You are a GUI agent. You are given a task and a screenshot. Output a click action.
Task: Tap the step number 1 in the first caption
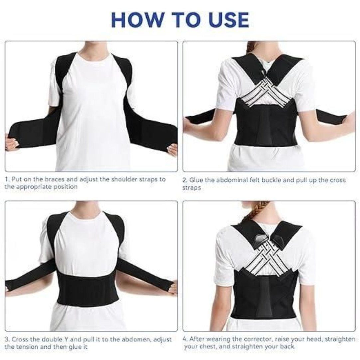pos(7,179)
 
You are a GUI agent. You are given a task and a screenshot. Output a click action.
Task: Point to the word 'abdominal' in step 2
pos(230,180)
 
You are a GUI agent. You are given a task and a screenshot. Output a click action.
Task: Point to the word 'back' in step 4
pos(286,347)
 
